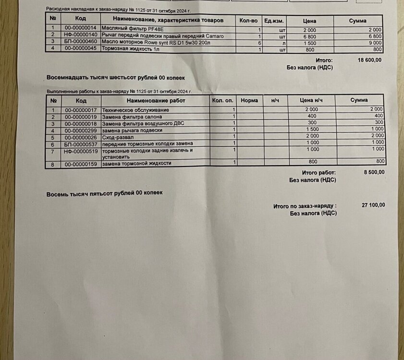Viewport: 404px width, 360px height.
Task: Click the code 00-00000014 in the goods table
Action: [81, 29]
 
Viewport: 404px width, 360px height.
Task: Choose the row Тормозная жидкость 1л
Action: [130, 49]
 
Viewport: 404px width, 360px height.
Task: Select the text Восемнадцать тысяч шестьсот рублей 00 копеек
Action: [116, 77]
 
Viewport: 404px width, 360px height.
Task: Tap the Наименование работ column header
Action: [156, 101]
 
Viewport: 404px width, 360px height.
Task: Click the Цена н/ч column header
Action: [310, 100]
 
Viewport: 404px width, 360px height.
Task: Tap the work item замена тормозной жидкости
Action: [136, 163]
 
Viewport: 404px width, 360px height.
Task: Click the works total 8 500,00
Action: [373, 172]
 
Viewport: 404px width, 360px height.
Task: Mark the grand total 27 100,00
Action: [373, 205]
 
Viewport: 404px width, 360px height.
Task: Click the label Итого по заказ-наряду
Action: [305, 206]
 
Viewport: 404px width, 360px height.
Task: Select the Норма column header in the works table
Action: [250, 100]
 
